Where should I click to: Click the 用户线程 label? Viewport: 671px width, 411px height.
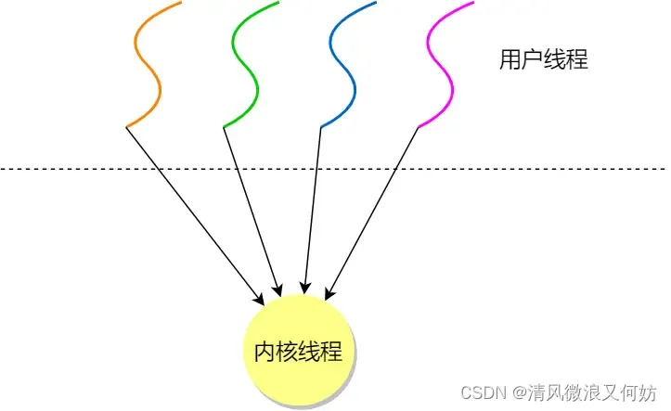pyautogui.click(x=544, y=60)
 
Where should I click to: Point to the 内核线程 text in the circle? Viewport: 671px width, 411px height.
pyautogui.click(x=298, y=352)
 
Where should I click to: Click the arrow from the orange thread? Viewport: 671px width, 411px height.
pyautogui.click(x=195, y=213)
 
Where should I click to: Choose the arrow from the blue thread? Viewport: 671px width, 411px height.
pyautogui.click(x=312, y=209)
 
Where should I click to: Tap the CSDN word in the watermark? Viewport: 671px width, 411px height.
pyautogui.click(x=482, y=392)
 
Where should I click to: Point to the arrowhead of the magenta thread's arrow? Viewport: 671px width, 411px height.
pyautogui.click(x=328, y=294)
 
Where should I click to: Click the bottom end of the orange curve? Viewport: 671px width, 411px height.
pyautogui.click(x=127, y=126)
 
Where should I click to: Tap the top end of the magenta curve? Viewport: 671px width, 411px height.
pyautogui.click(x=473, y=2)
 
